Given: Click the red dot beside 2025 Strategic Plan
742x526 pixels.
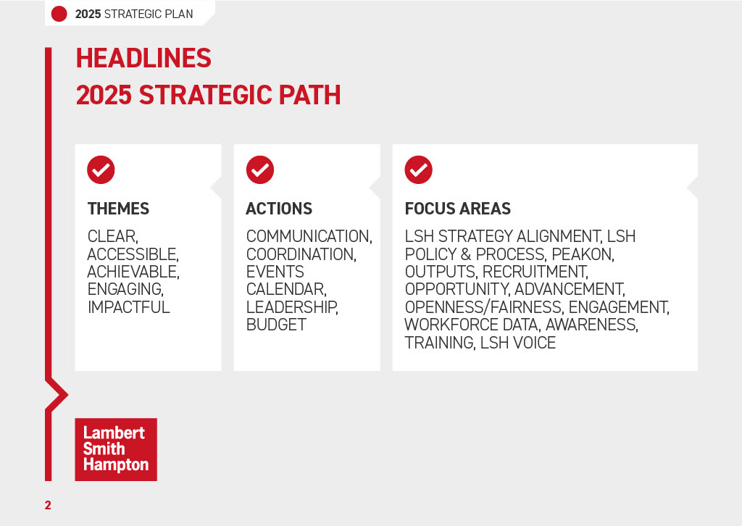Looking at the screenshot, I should click(59, 14).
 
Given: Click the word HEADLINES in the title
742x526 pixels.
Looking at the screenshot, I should click(143, 58).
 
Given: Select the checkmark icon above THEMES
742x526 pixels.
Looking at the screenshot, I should click(101, 170).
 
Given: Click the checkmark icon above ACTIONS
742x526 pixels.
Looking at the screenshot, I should click(259, 170).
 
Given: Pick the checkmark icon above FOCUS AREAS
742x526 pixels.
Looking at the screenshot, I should click(418, 170).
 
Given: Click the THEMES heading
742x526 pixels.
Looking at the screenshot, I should click(118, 209).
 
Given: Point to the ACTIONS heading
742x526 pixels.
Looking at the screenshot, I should click(279, 209).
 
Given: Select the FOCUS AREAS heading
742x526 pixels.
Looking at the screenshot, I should click(457, 209).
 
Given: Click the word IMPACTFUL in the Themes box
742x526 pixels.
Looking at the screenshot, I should click(128, 307).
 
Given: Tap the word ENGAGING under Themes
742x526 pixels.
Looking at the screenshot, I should click(124, 290).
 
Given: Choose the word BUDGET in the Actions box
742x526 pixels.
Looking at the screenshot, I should click(276, 325).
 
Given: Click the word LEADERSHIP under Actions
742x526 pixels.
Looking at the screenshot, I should click(291, 307).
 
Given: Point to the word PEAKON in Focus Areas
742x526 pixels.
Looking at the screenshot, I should click(582, 254).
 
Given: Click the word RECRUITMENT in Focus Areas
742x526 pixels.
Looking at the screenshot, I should click(535, 272).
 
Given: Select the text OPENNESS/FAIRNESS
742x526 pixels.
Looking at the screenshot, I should click(483, 307).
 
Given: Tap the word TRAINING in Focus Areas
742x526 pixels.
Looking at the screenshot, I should click(439, 343).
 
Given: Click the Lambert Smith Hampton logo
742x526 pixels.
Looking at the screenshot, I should click(115, 449).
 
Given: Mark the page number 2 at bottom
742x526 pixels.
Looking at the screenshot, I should click(48, 505).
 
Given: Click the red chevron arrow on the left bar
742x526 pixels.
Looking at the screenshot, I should click(58, 395).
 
